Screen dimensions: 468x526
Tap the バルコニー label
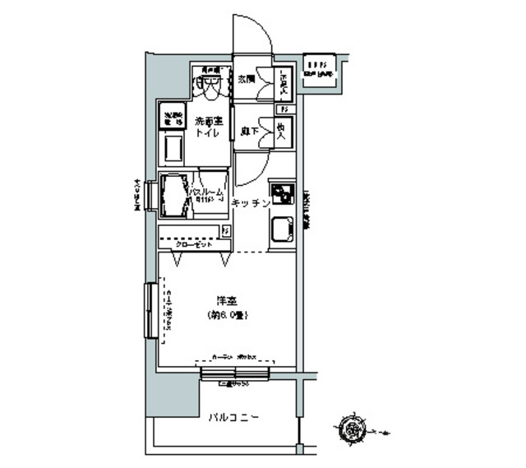pos(234,418)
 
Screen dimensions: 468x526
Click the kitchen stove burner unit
pos(284,194)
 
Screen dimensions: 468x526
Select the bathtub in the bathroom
pos(174,196)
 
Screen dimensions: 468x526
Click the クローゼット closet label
pos(195,244)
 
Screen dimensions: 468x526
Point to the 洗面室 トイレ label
pos(207,128)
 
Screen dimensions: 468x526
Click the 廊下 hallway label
pos(246,130)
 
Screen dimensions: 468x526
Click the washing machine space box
pos(172,117)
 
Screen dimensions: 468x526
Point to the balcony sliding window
pos(235,373)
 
